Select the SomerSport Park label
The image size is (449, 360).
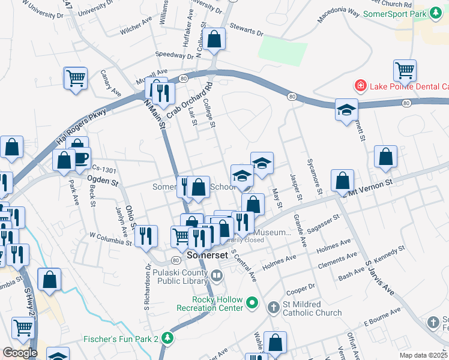point(394,13)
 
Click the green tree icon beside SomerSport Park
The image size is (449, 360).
point(438,13)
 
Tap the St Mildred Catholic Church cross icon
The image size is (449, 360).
point(273,307)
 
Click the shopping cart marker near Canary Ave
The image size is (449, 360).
point(76,77)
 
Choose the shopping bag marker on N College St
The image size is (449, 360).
point(214,40)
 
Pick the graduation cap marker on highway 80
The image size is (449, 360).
point(346,109)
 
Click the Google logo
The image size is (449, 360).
point(20,353)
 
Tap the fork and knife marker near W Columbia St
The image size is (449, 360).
point(146,236)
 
